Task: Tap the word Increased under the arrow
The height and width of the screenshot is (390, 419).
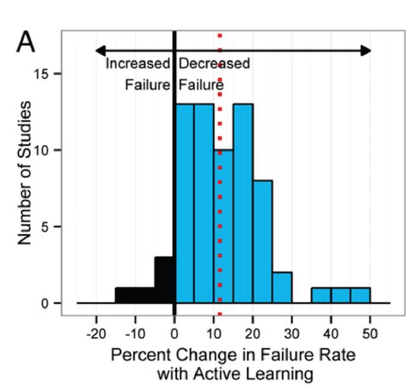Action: tap(137, 64)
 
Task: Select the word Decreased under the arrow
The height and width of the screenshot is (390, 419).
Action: tap(214, 64)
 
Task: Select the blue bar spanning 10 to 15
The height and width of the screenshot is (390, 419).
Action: tap(223, 226)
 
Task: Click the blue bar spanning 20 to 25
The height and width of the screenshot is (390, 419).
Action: tap(262, 242)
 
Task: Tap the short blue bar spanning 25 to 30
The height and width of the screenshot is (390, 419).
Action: tap(282, 288)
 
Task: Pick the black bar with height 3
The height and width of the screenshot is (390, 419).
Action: tap(164, 280)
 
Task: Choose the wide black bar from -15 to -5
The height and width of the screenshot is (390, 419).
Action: tap(135, 295)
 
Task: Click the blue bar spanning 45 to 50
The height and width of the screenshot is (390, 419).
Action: tap(360, 295)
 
